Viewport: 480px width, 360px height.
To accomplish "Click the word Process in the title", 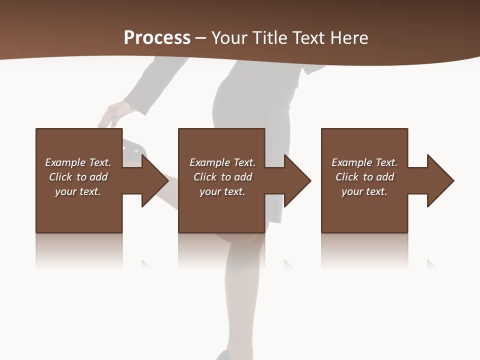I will pos(157,38).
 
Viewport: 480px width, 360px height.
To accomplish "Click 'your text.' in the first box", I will pos(78,191).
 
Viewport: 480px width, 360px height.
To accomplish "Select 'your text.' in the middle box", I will pos(222,191).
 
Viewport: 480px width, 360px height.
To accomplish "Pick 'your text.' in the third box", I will pos(364,191).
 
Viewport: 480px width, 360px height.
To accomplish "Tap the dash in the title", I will pos(200,38).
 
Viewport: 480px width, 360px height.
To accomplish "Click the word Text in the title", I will pos(310,38).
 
